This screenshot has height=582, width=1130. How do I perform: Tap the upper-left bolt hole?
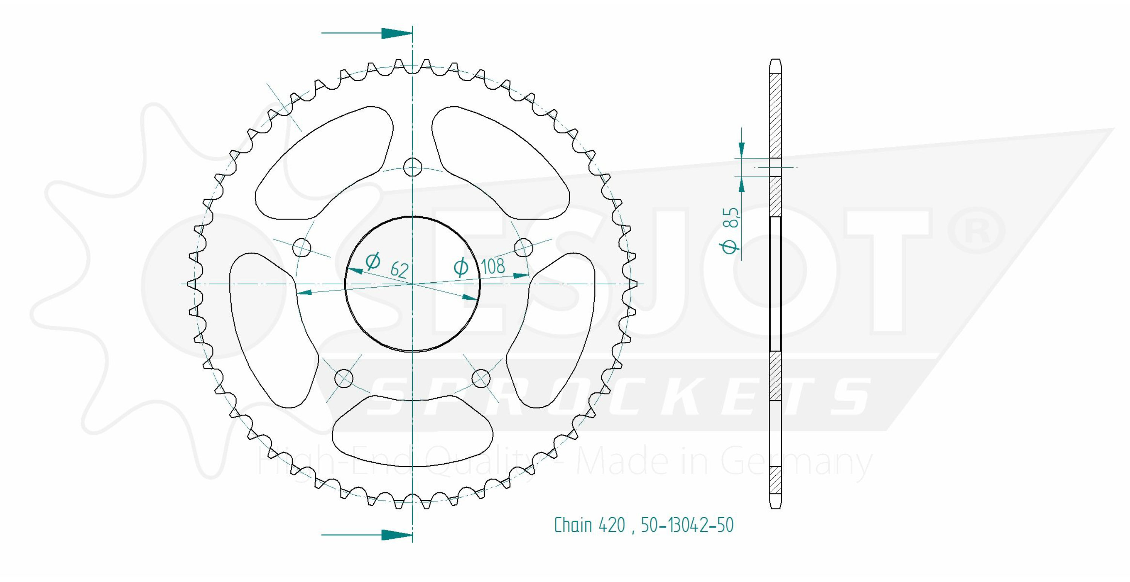click(x=302, y=247)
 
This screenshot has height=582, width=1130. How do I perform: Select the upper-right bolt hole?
click(x=523, y=247)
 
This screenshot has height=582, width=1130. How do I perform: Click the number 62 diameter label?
click(x=399, y=270)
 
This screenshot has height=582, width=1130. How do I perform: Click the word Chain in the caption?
click(x=573, y=525)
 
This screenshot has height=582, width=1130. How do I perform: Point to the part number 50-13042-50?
click(x=687, y=525)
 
